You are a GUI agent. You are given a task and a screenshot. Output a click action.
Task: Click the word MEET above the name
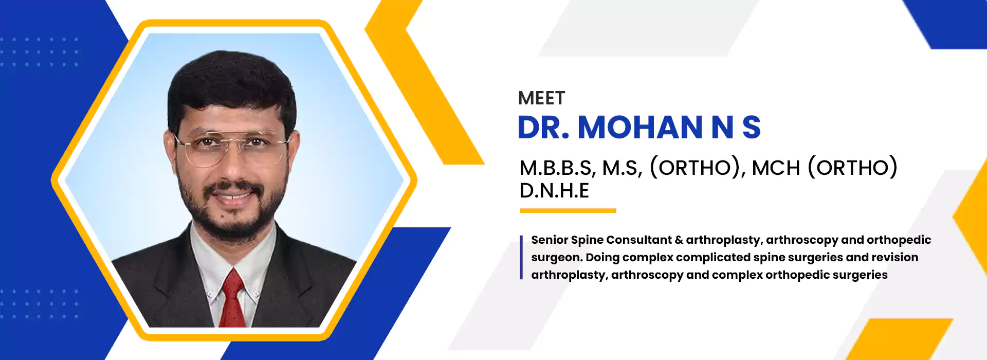tap(541, 98)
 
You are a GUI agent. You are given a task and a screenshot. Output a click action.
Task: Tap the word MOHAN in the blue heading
tap(640, 127)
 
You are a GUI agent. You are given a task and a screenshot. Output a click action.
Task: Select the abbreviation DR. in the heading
tap(543, 127)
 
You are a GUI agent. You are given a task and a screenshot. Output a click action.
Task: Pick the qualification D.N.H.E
tap(554, 191)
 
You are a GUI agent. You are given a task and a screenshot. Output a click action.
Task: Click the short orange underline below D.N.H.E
tap(568, 210)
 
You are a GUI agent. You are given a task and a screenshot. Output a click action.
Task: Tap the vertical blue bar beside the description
tap(521, 257)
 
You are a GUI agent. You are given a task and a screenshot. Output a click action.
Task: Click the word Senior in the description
tap(549, 240)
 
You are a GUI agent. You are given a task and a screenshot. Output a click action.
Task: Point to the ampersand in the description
tap(679, 240)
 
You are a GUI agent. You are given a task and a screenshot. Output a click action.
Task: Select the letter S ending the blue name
tap(752, 127)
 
